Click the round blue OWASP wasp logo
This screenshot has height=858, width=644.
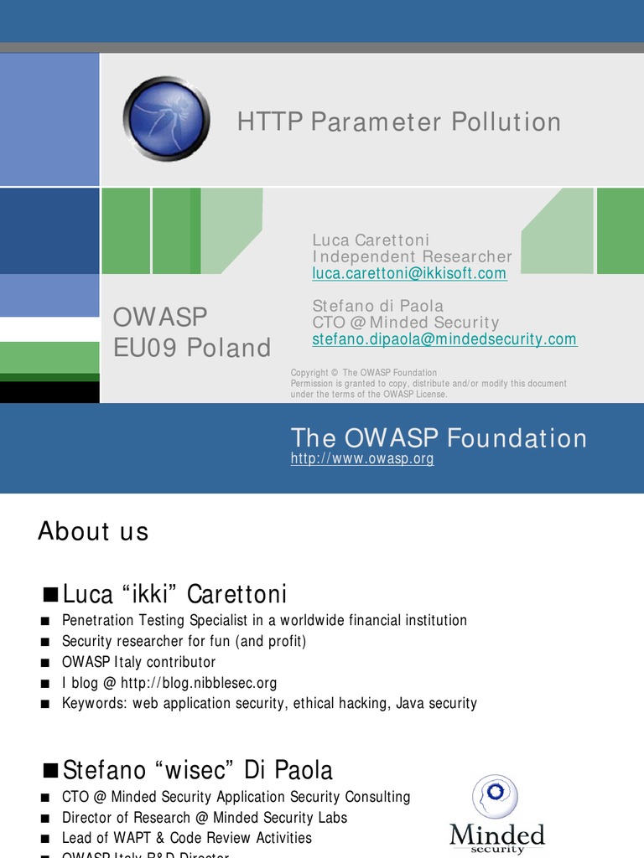[166, 118]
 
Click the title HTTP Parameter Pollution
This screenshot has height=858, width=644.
[399, 122]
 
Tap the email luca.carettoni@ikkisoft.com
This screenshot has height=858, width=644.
[409, 274]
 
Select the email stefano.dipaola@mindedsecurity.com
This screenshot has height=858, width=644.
[444, 339]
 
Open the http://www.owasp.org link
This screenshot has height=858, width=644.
[362, 459]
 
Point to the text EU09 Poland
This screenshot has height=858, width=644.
[192, 348]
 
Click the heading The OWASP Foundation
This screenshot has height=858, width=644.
[439, 438]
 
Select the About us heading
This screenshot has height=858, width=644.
[93, 531]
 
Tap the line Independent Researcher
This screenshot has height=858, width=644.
[412, 256]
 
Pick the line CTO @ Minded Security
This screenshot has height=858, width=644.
[406, 323]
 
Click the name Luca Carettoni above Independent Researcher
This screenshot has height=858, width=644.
[371, 240]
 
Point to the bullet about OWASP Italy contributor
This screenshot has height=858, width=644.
[138, 662]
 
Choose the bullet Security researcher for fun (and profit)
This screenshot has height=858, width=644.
[184, 641]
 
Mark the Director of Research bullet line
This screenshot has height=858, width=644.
[204, 817]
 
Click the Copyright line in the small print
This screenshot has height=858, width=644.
[363, 373]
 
